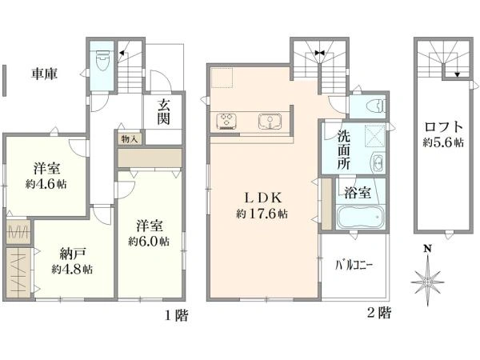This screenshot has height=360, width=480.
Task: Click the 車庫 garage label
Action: click(x=44, y=74)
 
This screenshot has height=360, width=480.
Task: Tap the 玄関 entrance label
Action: click(x=164, y=112)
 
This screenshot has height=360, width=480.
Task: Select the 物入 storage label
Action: click(x=129, y=139)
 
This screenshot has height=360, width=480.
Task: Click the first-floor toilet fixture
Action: click(x=102, y=60)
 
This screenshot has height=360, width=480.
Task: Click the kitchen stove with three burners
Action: click(x=227, y=121)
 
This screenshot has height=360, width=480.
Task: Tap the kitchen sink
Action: click(x=270, y=121)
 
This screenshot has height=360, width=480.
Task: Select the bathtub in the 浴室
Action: click(x=360, y=217)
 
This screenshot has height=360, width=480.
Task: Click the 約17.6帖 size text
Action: click(x=262, y=214)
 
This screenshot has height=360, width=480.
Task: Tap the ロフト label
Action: click(x=443, y=126)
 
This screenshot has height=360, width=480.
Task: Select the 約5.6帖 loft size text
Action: click(x=443, y=142)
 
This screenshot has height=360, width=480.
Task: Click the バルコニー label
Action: click(x=354, y=265)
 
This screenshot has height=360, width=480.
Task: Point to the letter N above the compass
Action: click(x=428, y=249)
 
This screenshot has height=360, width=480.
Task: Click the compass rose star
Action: click(x=428, y=281)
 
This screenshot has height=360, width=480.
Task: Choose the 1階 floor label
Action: click(x=177, y=315)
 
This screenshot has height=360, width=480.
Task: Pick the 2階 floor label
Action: click(x=379, y=313)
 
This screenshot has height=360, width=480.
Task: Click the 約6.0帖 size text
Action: click(x=149, y=242)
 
